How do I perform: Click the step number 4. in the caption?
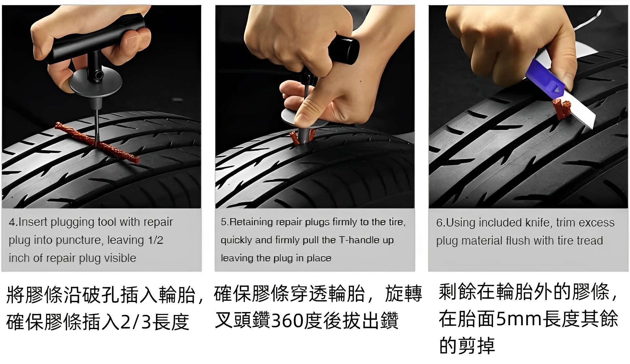point(14,222)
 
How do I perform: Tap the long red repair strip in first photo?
point(97,143)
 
